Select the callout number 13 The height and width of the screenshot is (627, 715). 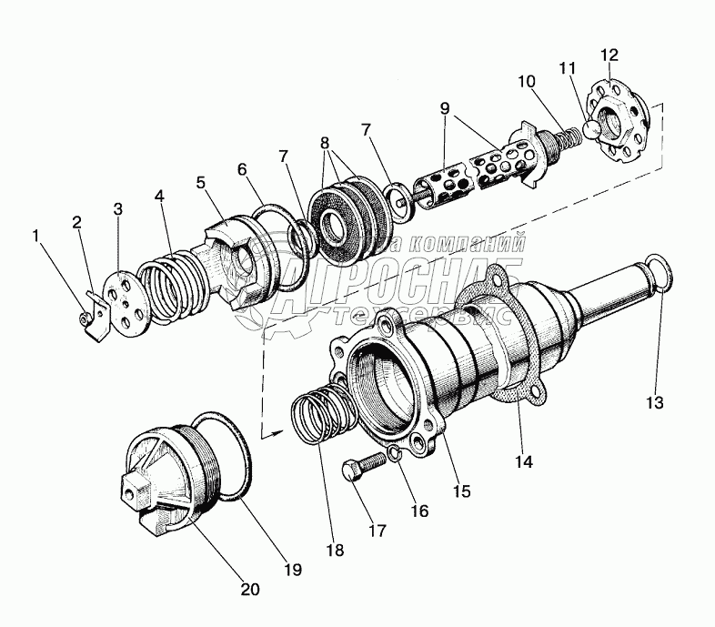click(655, 401)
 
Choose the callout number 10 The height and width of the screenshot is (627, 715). click(527, 81)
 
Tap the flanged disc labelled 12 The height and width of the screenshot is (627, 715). click(622, 122)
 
